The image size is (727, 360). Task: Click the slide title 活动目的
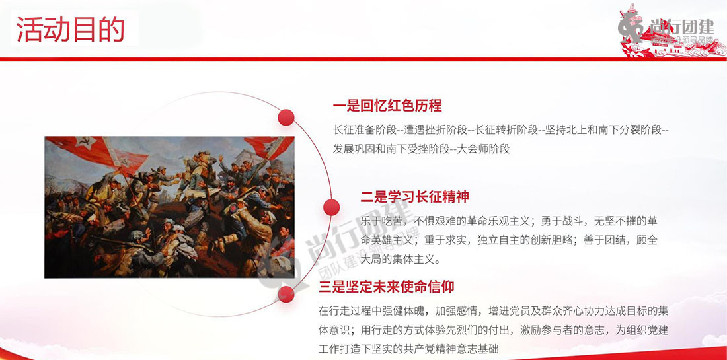71,28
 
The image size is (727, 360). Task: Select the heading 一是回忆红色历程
387,106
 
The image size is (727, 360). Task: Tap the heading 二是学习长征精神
415,196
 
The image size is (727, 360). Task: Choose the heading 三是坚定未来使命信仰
386,286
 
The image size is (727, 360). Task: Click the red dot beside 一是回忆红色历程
286,117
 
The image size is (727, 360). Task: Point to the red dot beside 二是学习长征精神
331,207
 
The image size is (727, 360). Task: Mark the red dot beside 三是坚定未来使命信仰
286,294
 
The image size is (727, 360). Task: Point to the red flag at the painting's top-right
269,147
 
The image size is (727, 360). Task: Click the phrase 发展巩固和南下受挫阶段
391,149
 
